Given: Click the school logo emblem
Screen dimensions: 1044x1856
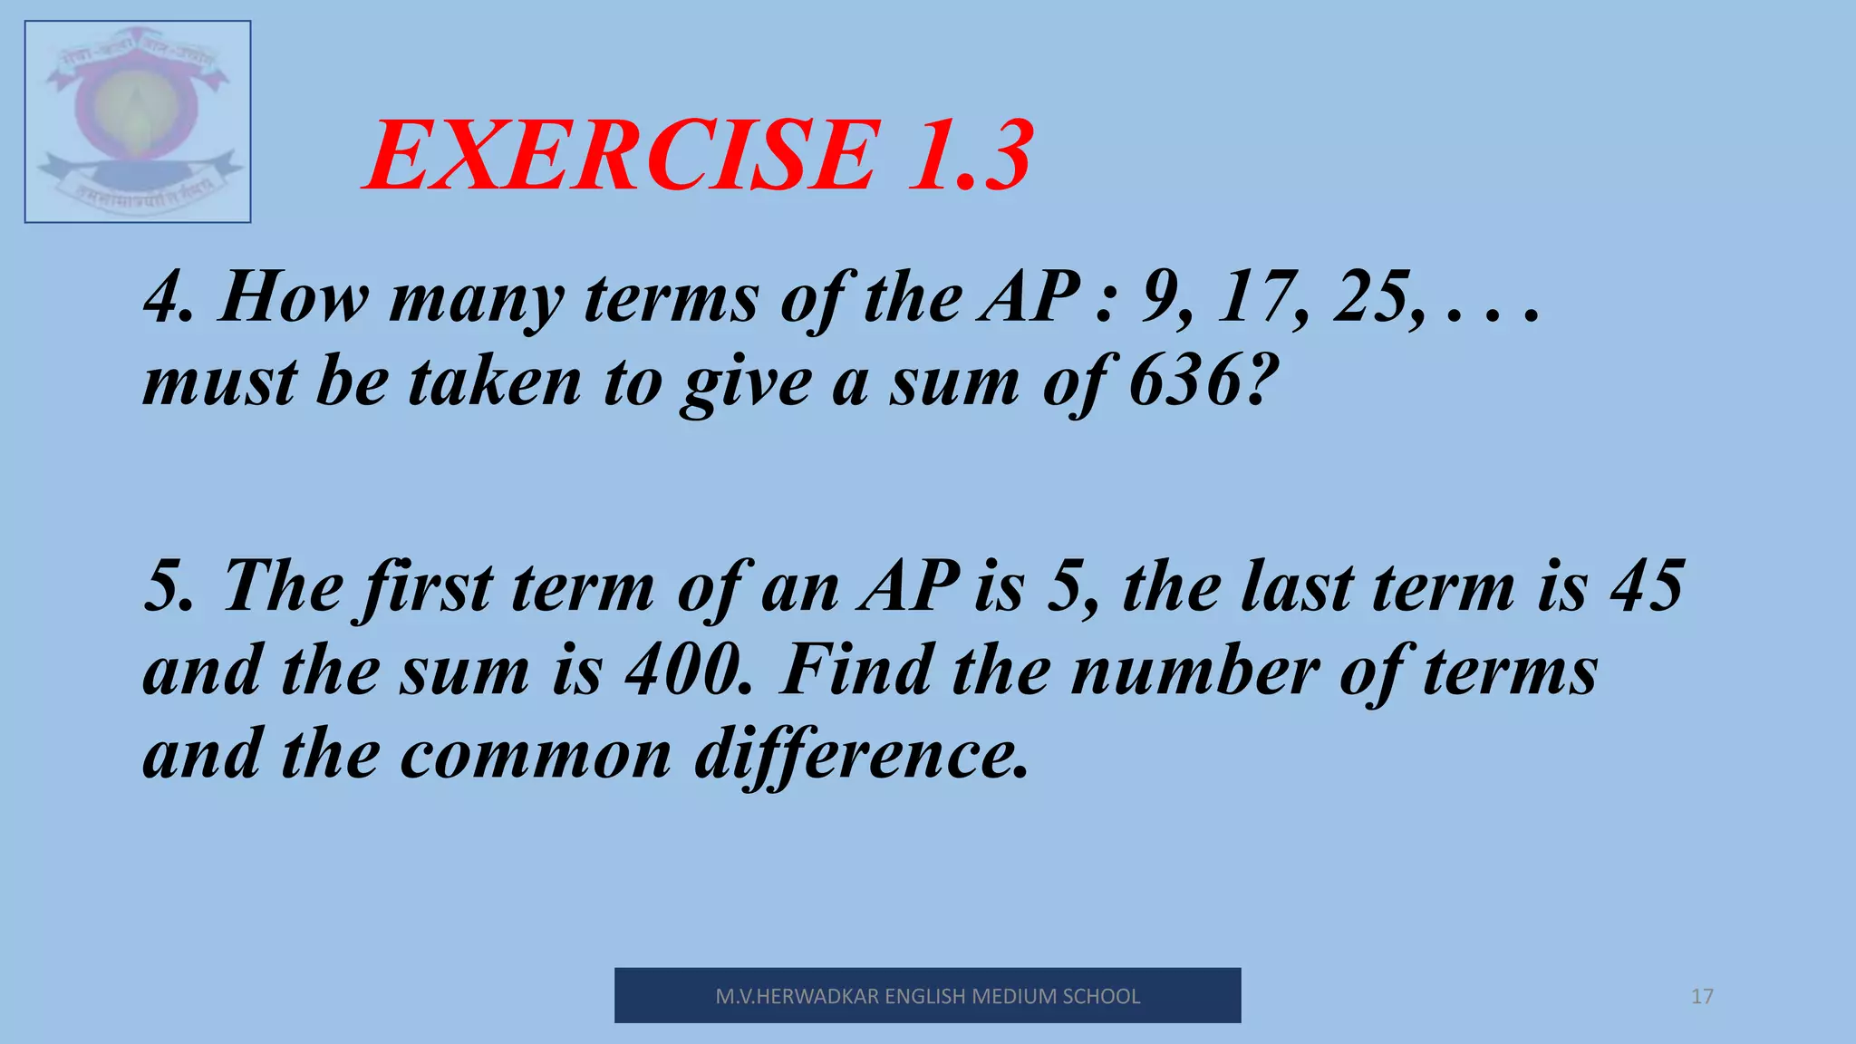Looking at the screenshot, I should point(138,121).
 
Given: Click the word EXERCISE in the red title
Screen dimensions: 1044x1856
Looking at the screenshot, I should point(623,156).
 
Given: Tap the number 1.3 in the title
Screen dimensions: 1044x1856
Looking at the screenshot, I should point(970,156).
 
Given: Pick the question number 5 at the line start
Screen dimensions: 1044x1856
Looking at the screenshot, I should point(165,586).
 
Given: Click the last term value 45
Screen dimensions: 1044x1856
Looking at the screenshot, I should point(1648,586).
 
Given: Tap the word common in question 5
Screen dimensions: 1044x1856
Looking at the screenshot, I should point(536,754).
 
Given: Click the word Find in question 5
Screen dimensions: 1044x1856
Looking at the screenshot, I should point(855,671).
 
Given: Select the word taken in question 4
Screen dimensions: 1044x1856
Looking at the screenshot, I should point(495,381).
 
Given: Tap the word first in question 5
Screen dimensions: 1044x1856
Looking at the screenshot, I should point(427,586).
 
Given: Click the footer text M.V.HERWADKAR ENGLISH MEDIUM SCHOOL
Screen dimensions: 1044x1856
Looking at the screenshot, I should point(927,996).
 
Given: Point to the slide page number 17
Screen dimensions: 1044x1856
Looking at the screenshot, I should point(1702,997).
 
